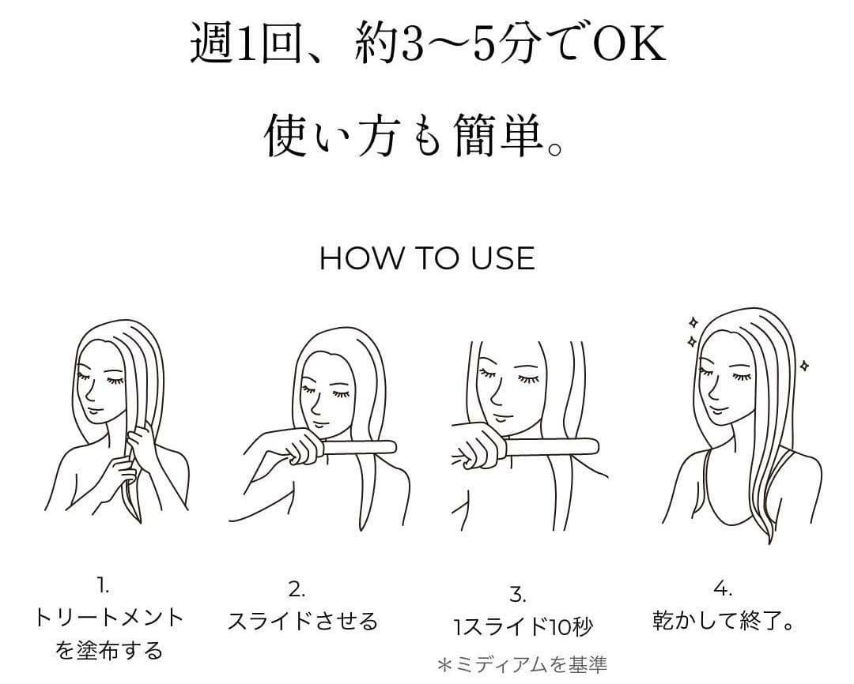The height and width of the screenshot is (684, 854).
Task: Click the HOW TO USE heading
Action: tap(427, 258)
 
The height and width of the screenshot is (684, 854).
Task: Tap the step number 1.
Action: tap(103, 585)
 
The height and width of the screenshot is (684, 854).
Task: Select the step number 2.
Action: tap(297, 589)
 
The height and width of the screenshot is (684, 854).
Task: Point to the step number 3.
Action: tap(518, 594)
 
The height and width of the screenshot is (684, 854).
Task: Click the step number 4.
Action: tap(722, 588)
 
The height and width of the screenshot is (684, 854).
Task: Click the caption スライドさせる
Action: tap(303, 621)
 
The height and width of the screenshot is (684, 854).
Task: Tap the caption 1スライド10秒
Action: tap(523, 627)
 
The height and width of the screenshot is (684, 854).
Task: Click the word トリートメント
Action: tap(109, 617)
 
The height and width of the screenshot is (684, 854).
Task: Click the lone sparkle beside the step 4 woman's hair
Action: tap(804, 365)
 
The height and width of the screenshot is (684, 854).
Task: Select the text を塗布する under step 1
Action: tap(109, 651)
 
